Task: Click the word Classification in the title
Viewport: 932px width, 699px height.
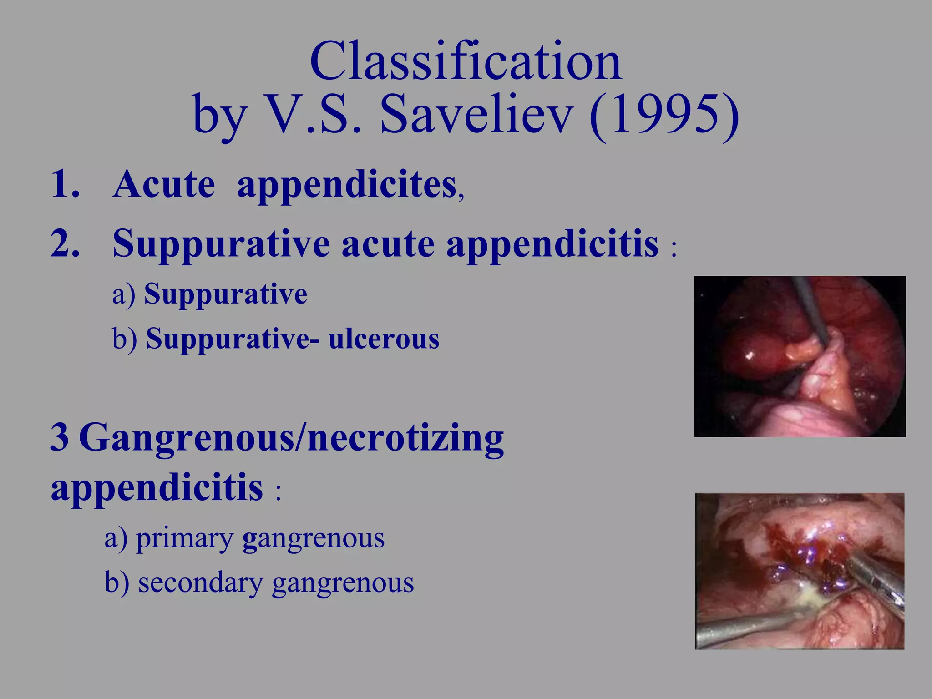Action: point(466,61)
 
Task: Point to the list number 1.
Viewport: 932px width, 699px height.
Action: point(65,184)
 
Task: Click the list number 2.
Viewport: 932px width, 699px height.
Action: point(65,243)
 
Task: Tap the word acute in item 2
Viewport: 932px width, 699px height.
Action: point(388,244)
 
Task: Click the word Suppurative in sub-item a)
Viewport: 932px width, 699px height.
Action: point(225,294)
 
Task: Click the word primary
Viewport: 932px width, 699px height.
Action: point(184,539)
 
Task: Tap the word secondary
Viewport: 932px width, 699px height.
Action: point(200,583)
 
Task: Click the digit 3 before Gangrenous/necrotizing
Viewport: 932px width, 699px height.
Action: point(59,437)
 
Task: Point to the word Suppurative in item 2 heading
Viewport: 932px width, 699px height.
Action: point(221,244)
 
